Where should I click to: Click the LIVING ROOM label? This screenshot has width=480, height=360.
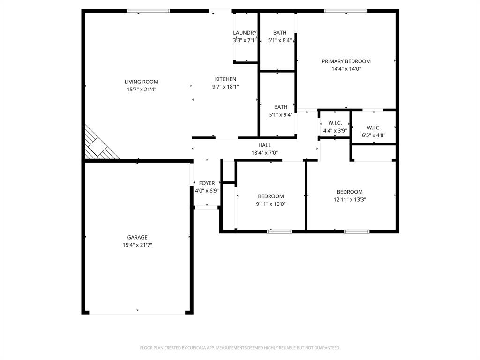141,82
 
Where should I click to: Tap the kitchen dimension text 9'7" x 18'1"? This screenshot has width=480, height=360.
225,87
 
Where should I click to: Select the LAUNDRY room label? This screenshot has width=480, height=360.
245,33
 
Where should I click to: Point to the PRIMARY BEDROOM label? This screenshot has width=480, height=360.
346,61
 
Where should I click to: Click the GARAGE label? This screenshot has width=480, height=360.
137,237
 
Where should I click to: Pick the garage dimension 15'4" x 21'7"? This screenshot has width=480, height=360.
137,245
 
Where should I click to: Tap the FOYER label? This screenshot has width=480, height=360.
207,183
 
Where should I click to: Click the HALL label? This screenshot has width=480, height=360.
264,145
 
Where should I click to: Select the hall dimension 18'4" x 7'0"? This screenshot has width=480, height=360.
264,153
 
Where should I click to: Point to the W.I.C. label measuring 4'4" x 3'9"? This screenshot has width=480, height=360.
335,123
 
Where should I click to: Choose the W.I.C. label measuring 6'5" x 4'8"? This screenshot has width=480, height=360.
373,127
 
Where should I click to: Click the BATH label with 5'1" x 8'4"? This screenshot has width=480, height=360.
280,33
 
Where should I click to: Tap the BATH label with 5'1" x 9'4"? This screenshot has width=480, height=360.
281,107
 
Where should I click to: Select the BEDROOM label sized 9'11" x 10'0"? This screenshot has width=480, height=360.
270,196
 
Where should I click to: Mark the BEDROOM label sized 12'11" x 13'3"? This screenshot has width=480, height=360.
350,192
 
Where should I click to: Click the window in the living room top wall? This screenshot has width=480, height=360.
148,11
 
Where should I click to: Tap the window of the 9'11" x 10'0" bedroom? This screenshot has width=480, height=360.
279,231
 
